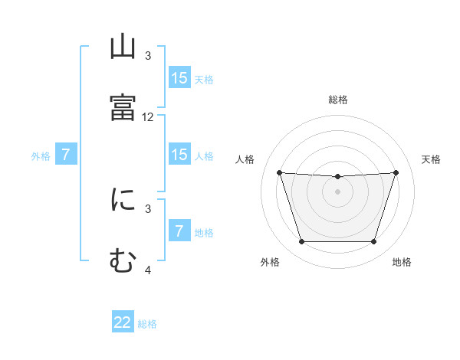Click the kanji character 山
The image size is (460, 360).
123,48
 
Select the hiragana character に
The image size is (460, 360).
123,200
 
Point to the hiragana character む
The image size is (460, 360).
123,260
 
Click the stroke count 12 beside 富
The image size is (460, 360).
148,117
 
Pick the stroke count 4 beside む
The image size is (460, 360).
148,270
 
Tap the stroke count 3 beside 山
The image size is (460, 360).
148,56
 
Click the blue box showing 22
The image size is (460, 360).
123,322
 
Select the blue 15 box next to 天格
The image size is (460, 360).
179,78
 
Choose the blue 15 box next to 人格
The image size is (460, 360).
179,155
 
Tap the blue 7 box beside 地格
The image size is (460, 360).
179,231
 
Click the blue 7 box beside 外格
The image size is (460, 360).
66,155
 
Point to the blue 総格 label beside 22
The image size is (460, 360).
147,324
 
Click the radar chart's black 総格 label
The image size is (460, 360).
338,100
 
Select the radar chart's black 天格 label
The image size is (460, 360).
432,159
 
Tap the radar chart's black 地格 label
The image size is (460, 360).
402,262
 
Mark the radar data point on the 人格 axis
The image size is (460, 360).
279,173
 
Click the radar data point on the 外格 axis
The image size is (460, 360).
301,242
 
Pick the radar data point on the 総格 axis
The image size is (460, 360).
338,177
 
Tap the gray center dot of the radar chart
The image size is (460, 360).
338,191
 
